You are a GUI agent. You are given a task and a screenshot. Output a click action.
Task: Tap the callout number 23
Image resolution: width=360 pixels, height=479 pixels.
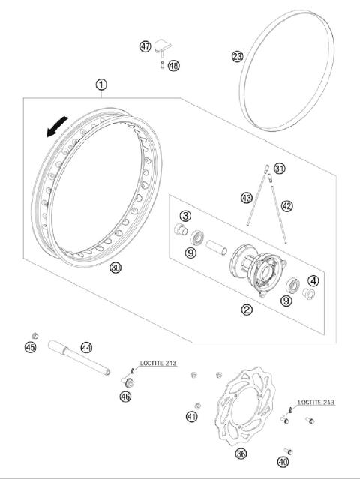click(x=237, y=57)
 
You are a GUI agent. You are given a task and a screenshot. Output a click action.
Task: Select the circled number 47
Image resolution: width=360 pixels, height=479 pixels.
click(x=145, y=46)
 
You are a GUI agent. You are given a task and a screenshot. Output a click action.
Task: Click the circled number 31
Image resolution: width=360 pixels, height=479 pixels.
click(x=279, y=168)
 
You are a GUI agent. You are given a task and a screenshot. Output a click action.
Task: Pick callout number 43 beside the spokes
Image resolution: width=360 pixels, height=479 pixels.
click(x=246, y=198)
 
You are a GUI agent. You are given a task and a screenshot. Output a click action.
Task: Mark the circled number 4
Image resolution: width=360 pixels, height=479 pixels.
click(x=314, y=281)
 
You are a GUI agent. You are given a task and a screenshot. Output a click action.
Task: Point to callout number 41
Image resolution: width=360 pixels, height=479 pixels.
click(x=192, y=416)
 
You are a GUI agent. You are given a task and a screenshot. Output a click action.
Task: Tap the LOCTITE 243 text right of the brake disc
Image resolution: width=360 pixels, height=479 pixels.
click(x=315, y=403)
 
